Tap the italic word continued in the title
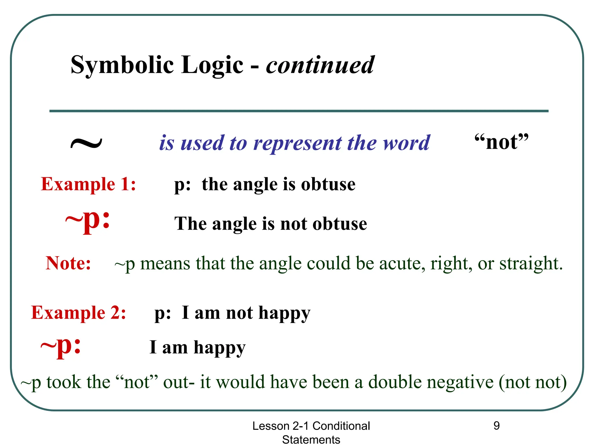click(x=320, y=65)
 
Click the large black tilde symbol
click(x=86, y=143)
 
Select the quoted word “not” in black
click(x=502, y=142)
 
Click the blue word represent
click(x=298, y=143)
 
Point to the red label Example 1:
click(x=88, y=184)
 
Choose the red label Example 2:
click(x=78, y=313)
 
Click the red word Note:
click(x=68, y=263)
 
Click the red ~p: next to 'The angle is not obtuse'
click(x=88, y=221)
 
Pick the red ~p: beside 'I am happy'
click(x=61, y=346)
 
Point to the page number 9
click(x=497, y=426)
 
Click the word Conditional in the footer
click(x=341, y=426)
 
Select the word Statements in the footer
click(x=311, y=439)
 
